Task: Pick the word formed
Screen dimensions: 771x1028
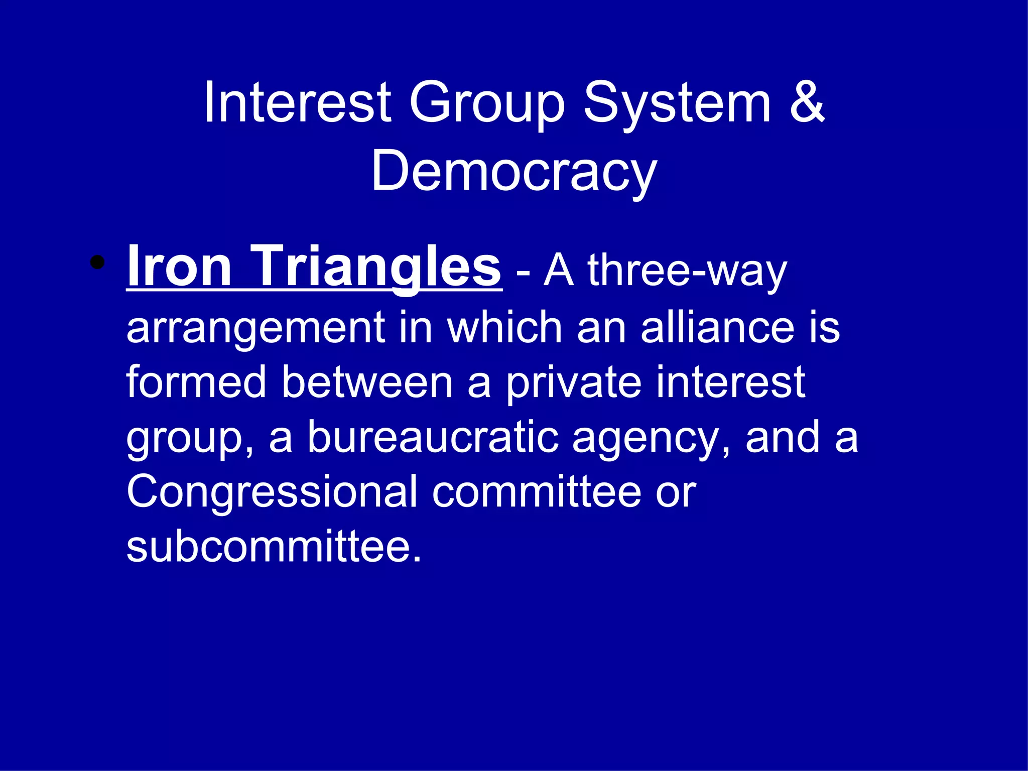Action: [196, 382]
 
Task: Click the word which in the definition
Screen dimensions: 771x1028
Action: [504, 327]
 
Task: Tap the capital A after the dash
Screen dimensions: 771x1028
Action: [558, 271]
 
